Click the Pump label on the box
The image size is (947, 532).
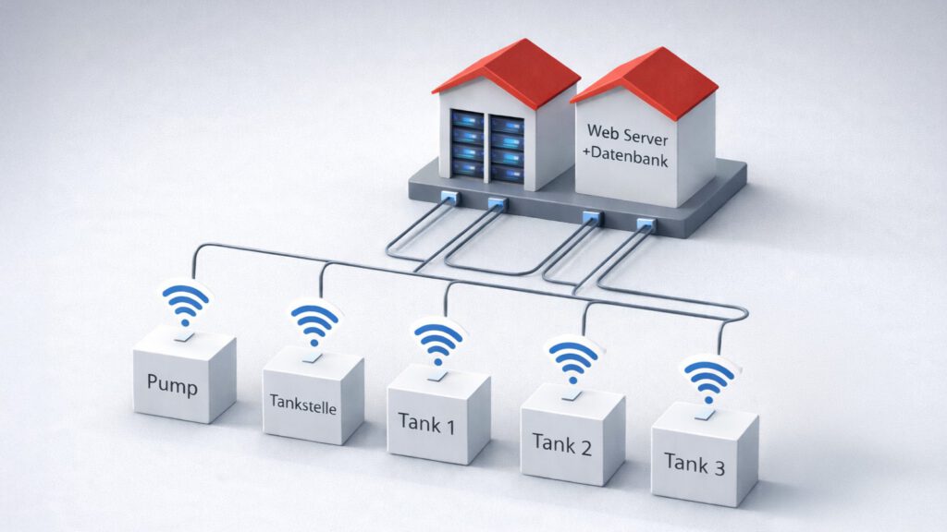pyautogui.click(x=172, y=384)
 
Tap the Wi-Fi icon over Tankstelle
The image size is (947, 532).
pyautogui.click(x=314, y=322)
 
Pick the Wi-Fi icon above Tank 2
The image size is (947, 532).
pyautogui.click(x=573, y=358)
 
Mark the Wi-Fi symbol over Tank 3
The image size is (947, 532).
pyautogui.click(x=709, y=378)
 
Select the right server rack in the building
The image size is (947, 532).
pyautogui.click(x=507, y=147)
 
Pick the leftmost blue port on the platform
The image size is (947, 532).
pyautogui.click(x=449, y=196)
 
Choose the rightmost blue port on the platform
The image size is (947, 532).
pyautogui.click(x=644, y=223)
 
